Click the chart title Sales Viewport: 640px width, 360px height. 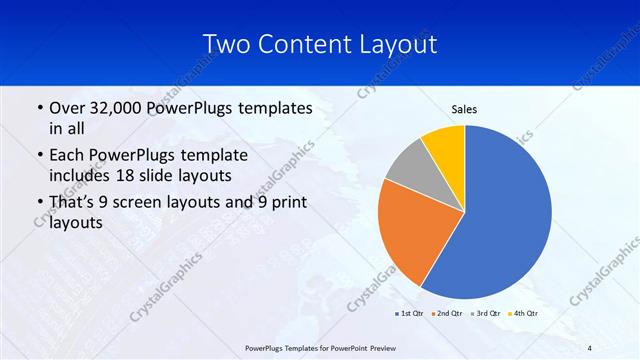pos(464,109)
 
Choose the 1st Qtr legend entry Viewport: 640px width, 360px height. pos(411,313)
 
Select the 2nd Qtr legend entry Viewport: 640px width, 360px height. pos(446,313)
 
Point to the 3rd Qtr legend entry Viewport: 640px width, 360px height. pos(485,313)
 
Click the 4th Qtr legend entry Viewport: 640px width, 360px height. pos(524,313)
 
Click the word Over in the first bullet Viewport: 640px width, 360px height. pos(68,108)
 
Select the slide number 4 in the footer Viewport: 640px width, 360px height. pos(589,347)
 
